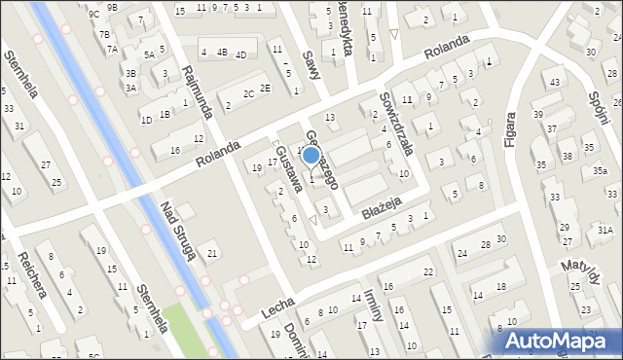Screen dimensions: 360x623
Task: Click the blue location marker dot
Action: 311,155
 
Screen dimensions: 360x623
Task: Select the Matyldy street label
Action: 585,271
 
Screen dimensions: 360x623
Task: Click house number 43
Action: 554,81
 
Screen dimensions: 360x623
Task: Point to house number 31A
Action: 605,230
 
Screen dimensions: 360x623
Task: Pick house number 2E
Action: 265,88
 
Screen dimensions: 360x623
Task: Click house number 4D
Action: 240,54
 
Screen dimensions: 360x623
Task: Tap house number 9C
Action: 93,14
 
